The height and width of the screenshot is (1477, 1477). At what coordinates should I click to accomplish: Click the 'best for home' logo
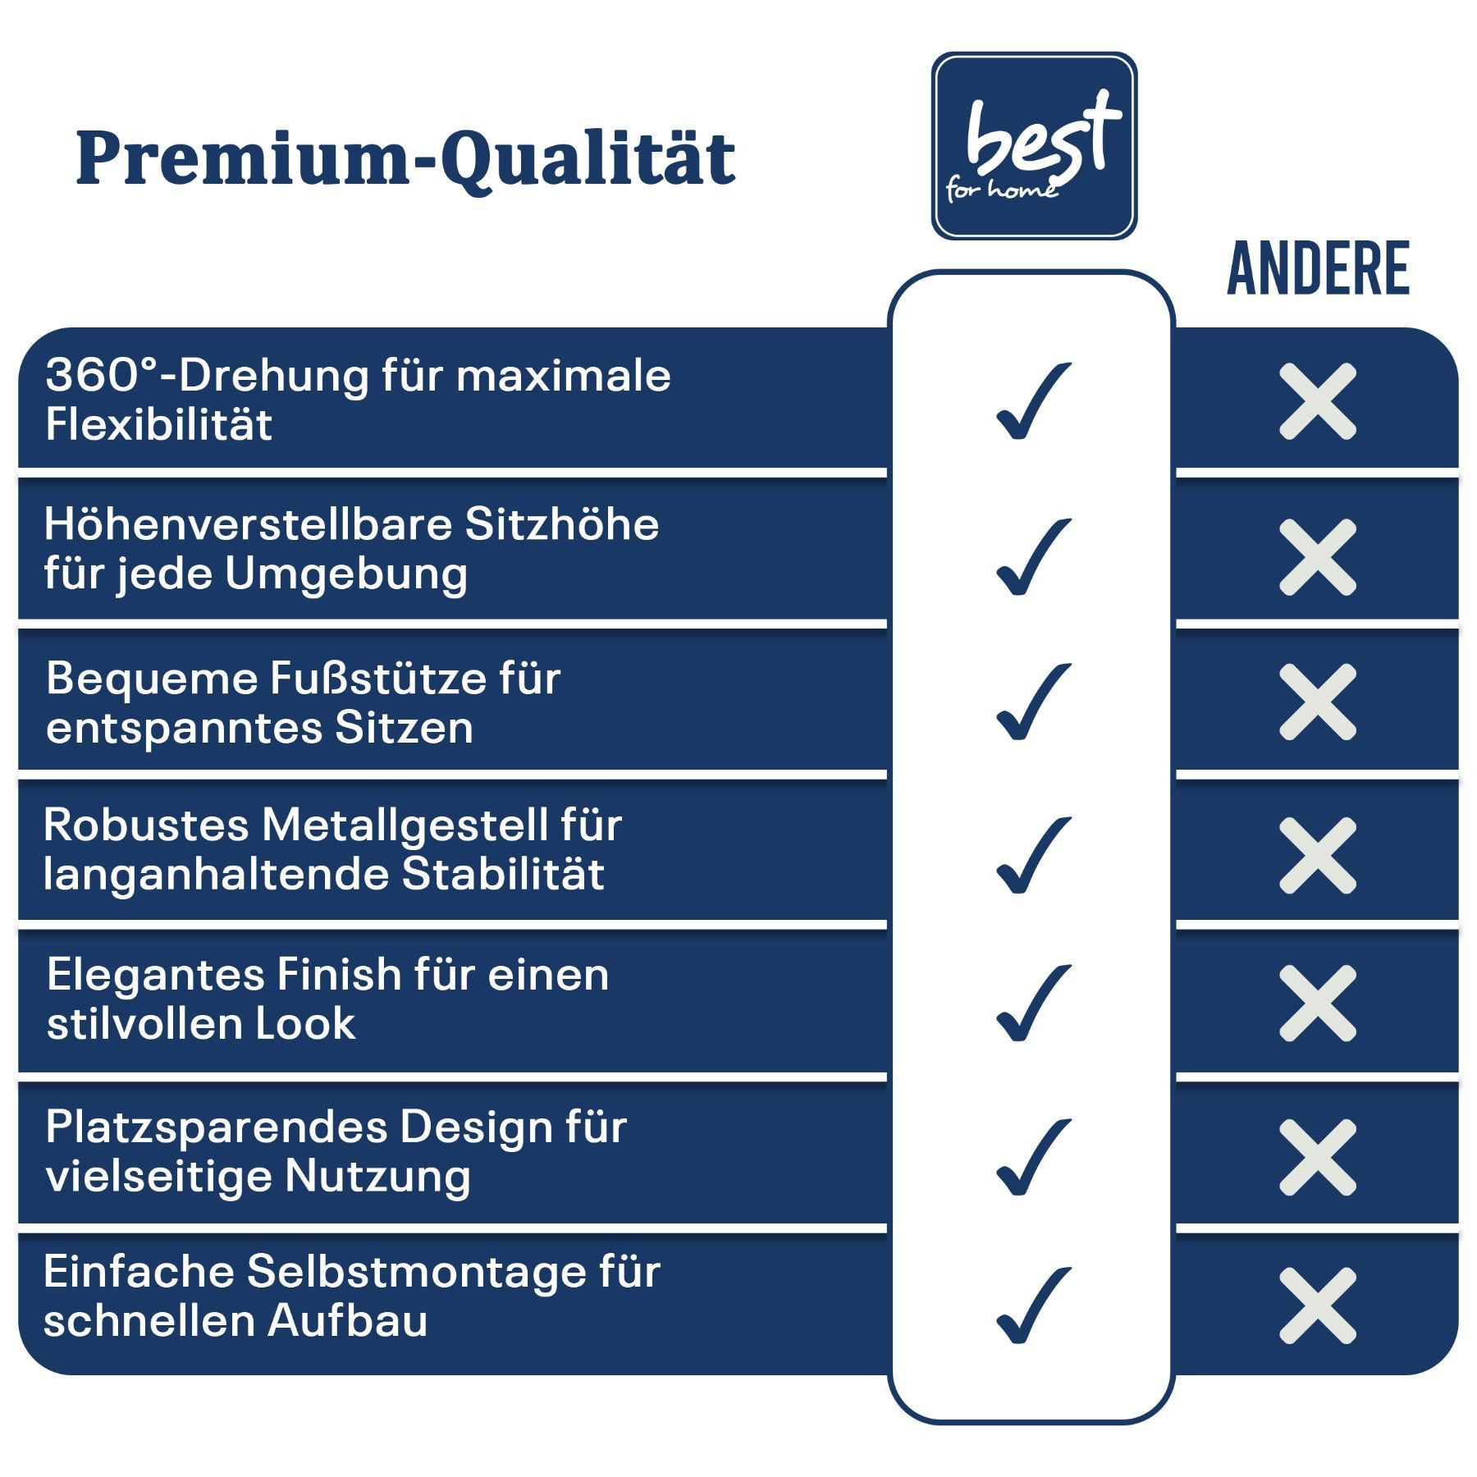click(1034, 146)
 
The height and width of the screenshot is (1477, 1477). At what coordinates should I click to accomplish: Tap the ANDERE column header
click(1318, 268)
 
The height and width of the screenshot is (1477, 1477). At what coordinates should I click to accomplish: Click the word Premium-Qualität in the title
click(406, 159)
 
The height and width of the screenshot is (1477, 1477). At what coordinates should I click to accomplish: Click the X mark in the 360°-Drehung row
click(1318, 401)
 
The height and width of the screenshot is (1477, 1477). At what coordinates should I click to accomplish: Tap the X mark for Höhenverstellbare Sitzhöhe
click(1318, 557)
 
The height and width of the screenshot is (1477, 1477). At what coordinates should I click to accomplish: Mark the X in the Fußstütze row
click(1318, 702)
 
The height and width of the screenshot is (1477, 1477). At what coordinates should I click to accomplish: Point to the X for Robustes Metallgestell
click(1318, 855)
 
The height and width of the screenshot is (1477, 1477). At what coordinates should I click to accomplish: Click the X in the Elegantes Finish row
click(1318, 1003)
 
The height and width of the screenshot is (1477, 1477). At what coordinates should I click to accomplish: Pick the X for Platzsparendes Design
click(1318, 1157)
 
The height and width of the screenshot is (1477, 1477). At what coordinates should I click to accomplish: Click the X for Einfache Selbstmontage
click(1318, 1306)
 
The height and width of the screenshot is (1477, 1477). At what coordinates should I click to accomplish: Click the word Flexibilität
click(158, 424)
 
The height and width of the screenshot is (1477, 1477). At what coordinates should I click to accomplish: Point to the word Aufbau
click(348, 1321)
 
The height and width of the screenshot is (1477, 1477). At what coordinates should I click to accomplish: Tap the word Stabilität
click(503, 873)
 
